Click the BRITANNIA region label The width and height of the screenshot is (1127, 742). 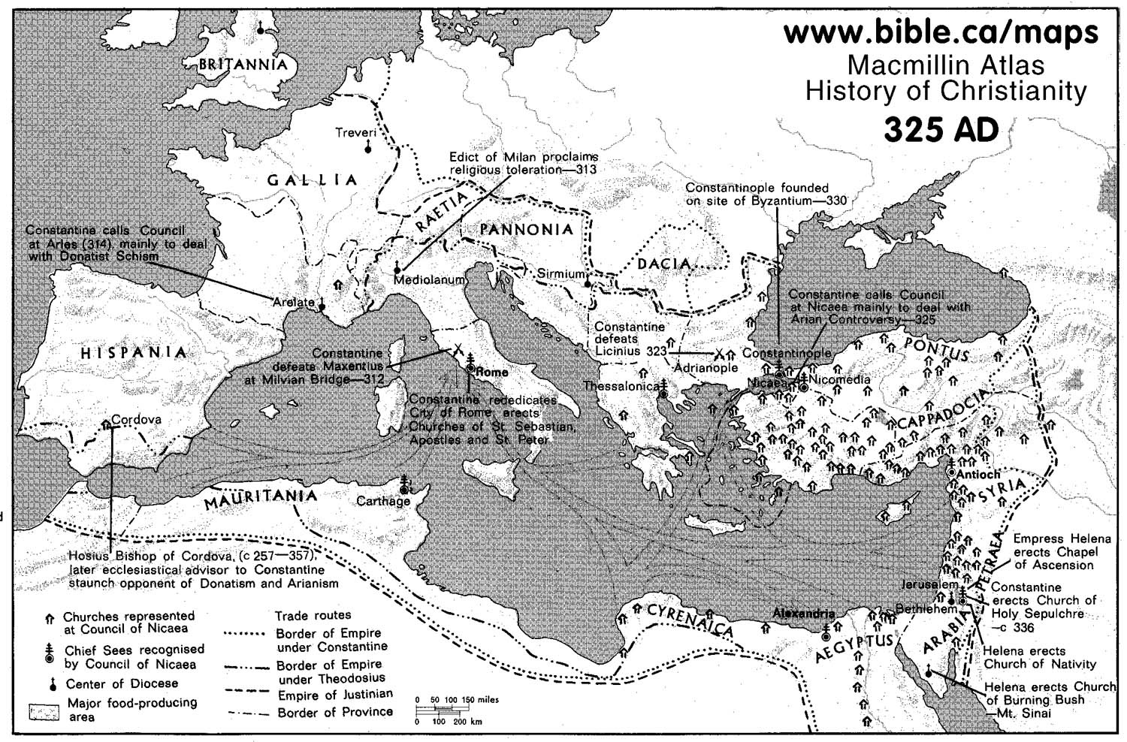pos(242,65)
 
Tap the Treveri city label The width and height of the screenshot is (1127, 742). pos(355,132)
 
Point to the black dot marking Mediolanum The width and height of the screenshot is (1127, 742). pos(397,269)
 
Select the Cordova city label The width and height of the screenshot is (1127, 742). pos(136,420)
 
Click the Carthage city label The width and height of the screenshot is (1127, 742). pos(383,501)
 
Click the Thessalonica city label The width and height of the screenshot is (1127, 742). pos(621,385)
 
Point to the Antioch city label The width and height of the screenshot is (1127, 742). pos(980,474)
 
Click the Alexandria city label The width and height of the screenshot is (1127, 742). pos(803,613)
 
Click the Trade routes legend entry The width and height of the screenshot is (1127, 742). pos(313,615)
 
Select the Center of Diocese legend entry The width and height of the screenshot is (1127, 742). pos(122,683)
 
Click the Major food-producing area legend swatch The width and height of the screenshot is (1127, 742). pos(44,711)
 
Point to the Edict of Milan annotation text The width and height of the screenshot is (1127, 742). pos(523,163)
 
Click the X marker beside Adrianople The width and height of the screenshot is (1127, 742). pos(719,352)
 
